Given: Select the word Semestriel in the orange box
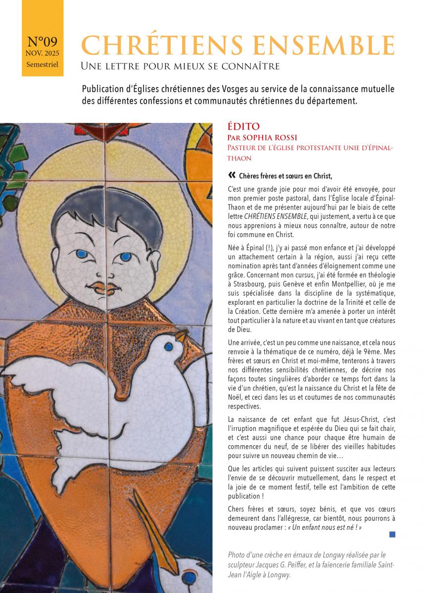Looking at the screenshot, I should click(43, 65).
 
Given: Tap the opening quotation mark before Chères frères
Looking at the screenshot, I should click(232, 175).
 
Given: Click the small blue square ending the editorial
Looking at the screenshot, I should click(392, 534).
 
